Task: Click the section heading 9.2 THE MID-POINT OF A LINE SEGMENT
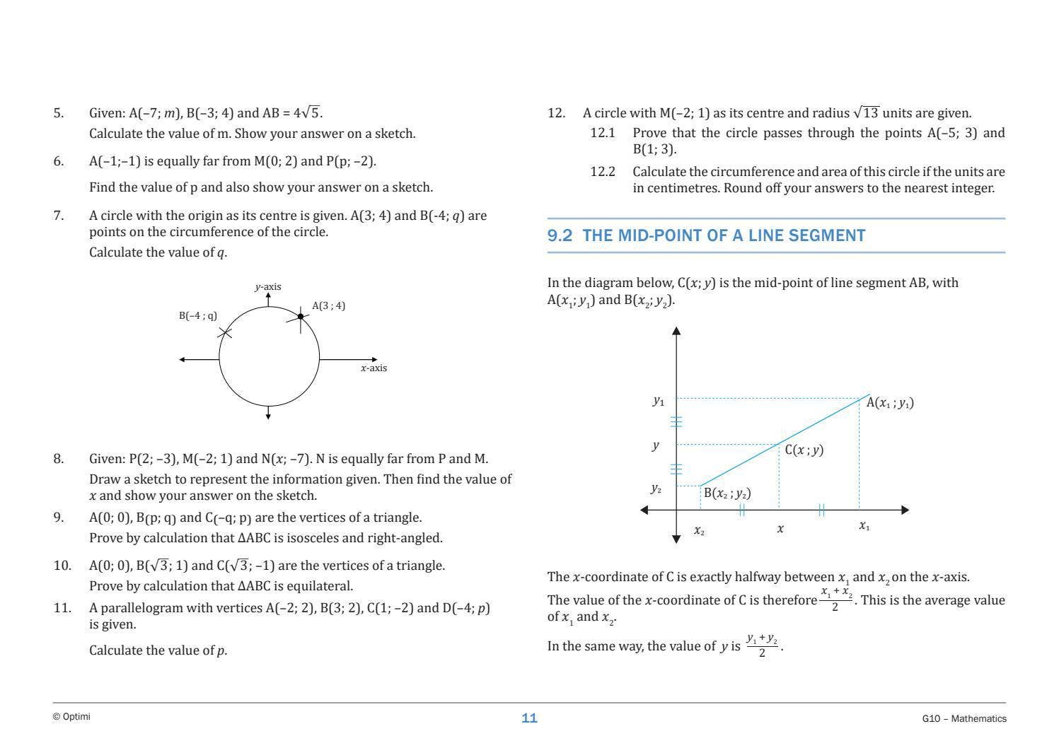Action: (x=706, y=235)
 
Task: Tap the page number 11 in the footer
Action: (x=529, y=718)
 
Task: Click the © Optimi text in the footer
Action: (x=71, y=717)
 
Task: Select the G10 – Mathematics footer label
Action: (x=964, y=718)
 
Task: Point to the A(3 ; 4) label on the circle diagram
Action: (x=329, y=305)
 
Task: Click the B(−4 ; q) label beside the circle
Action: (x=198, y=315)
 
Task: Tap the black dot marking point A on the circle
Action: (x=301, y=317)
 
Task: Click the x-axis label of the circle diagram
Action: (x=374, y=368)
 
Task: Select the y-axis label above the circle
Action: (x=268, y=286)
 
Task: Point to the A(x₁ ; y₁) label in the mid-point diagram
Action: (x=890, y=403)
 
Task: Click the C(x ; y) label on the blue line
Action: (x=804, y=450)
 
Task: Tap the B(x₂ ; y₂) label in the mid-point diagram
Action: (x=727, y=493)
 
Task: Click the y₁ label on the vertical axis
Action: (x=659, y=401)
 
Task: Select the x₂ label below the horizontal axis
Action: (x=699, y=530)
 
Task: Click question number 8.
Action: (x=58, y=459)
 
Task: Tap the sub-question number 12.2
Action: (x=603, y=172)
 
